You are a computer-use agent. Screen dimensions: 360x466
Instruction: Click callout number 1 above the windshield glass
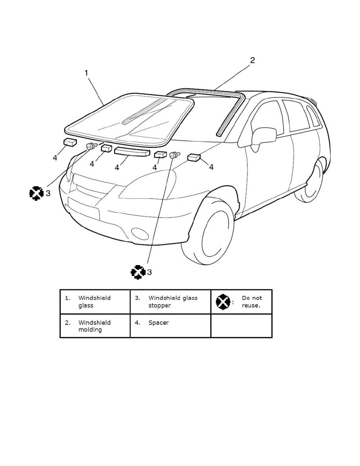pos(86,73)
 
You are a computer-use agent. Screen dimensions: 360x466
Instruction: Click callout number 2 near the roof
pos(252,60)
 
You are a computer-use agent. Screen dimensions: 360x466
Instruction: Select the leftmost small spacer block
pos(71,142)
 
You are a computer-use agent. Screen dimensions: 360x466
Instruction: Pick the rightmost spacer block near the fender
pos(194,157)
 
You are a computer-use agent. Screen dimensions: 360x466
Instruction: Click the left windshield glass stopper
pos(92,146)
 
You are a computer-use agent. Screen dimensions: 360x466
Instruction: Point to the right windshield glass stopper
pos(175,155)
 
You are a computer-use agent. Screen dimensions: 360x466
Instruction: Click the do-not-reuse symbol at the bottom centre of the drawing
pos(138,272)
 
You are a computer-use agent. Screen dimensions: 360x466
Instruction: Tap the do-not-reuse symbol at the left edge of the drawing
pos(36,193)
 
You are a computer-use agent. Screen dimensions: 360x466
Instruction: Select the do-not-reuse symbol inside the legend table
pos(223,302)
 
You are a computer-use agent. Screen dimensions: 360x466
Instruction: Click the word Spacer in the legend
pos(158,323)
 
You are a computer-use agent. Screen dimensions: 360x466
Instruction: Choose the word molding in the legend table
pos(90,330)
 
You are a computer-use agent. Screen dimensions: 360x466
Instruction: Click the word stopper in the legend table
pos(160,306)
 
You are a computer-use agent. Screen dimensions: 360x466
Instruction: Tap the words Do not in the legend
pos(252,298)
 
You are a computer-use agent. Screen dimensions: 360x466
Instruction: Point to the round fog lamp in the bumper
pos(140,234)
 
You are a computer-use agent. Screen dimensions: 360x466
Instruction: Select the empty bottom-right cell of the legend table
pos(241,326)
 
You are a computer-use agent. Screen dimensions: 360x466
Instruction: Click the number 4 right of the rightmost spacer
pos(211,167)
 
